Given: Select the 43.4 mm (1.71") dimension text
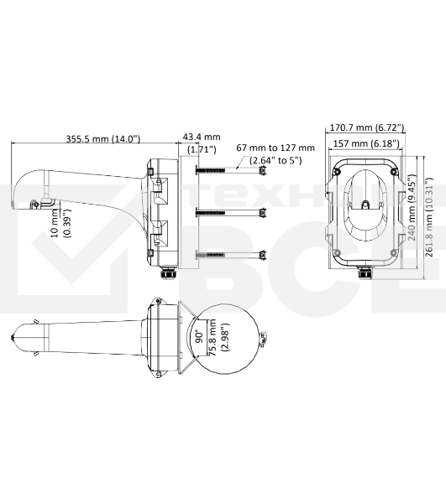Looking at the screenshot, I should pyautogui.click(x=201, y=143).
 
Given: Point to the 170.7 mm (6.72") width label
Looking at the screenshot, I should pyautogui.click(x=366, y=128).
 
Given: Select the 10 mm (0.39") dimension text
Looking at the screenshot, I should pyautogui.click(x=61, y=223).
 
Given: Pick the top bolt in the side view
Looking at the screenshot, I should pyautogui.click(x=231, y=170).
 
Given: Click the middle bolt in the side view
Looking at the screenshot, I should pyautogui.click(x=231, y=211).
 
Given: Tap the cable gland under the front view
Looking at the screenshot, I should pyautogui.click(x=365, y=272).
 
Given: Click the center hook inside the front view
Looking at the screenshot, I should pyautogui.click(x=365, y=204).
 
